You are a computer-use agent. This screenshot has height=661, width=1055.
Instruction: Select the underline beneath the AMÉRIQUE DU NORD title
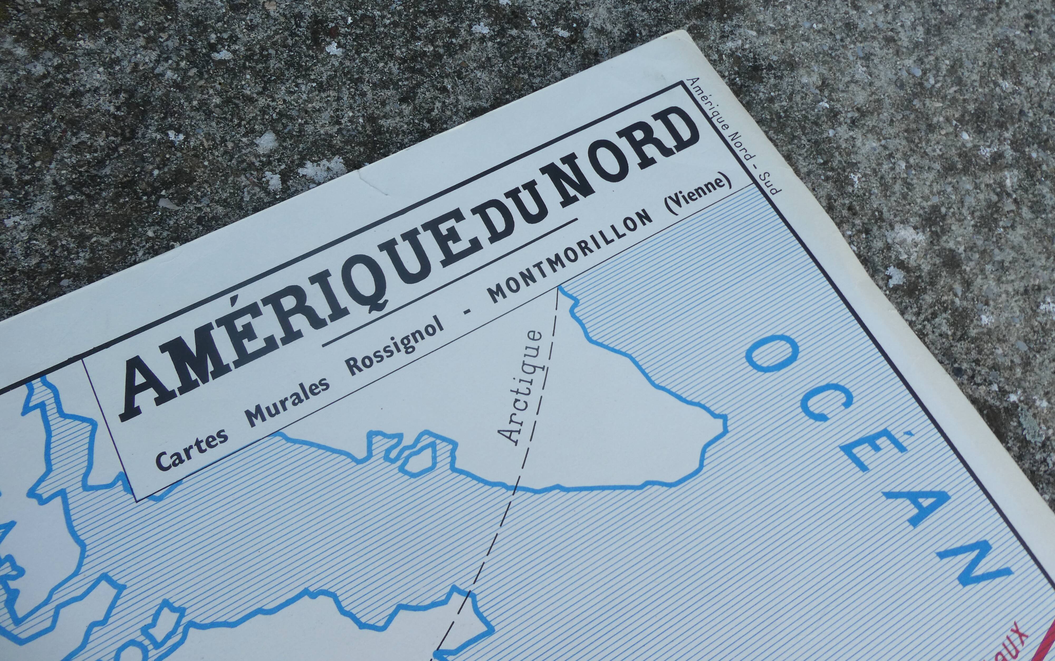pos(450,282)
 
